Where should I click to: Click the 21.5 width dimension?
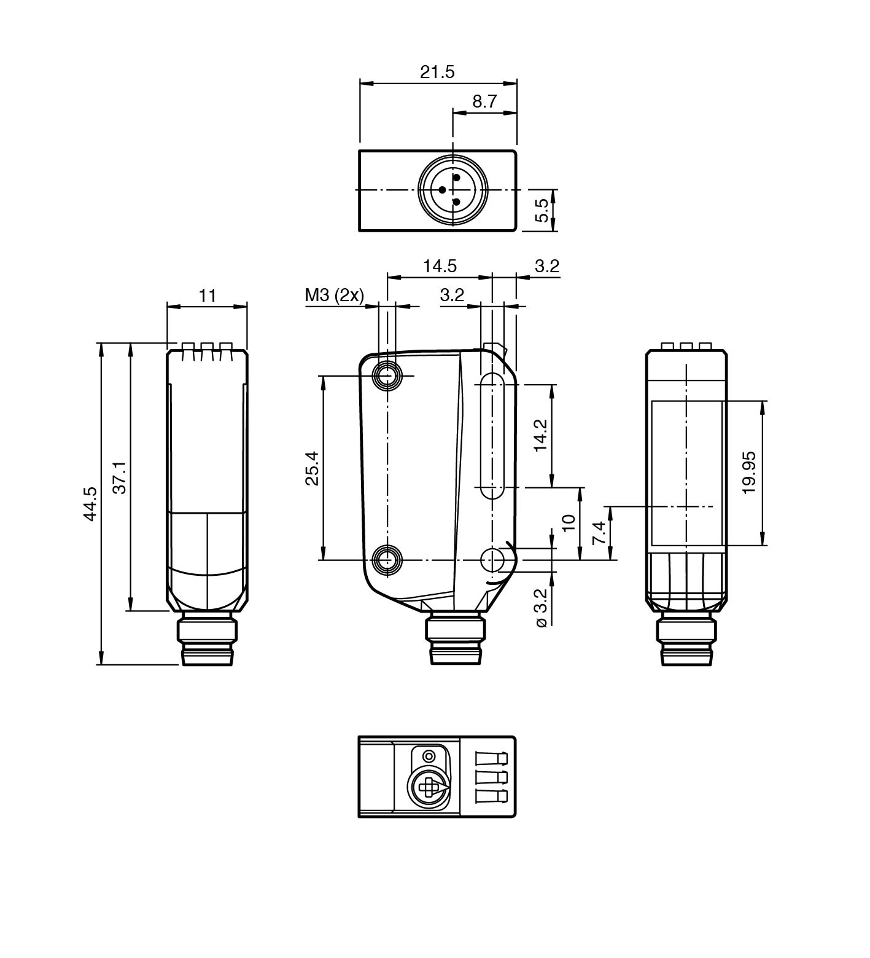[x=437, y=72]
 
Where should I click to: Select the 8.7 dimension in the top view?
[x=484, y=101]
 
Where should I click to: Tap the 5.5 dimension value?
[x=542, y=210]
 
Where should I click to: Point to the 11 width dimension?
[x=208, y=296]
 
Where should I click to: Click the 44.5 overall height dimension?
[x=90, y=504]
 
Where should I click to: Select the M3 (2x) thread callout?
[x=334, y=296]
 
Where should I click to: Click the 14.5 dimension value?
[x=440, y=266]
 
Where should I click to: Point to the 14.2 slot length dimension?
[x=540, y=436]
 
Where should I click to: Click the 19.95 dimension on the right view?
[x=748, y=473]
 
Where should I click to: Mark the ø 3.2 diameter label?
[x=540, y=608]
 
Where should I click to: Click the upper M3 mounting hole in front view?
[x=387, y=375]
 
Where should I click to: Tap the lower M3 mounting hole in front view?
[x=387, y=560]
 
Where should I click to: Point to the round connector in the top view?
[x=452, y=190]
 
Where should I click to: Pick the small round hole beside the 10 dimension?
[x=491, y=560]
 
